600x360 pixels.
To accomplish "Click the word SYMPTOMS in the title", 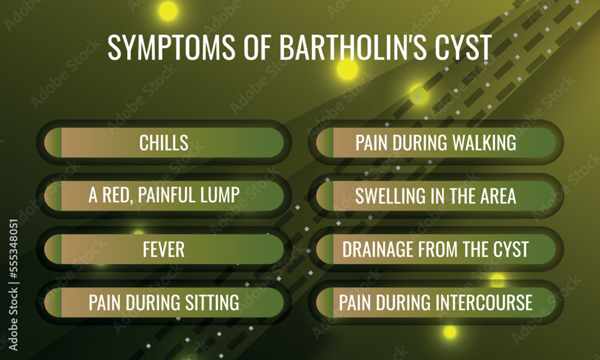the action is click(171, 47).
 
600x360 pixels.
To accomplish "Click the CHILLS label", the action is click(164, 143).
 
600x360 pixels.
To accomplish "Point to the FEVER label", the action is click(164, 250).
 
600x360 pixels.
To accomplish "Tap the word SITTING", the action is click(212, 302).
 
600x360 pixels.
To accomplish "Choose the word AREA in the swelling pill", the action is click(498, 196).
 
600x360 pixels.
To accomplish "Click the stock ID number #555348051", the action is click(13, 249).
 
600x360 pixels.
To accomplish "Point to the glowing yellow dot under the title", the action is click(347, 69).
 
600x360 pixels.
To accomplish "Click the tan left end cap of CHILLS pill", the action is click(52, 143).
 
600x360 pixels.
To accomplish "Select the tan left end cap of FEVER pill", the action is click(52, 249).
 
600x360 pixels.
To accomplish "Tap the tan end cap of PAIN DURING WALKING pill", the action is click(325, 143).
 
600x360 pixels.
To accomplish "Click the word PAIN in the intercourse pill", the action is click(355, 302).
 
